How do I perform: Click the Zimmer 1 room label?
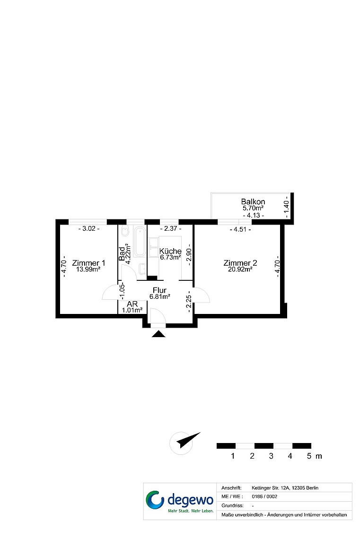(x=89, y=263)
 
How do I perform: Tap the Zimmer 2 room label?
(x=240, y=263)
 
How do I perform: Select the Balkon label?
(x=253, y=202)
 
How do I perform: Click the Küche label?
(x=171, y=251)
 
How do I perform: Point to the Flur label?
(x=159, y=290)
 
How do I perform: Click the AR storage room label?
(x=132, y=304)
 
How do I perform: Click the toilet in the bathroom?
(x=125, y=232)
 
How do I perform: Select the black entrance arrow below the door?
(x=158, y=334)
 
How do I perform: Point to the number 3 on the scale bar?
(x=271, y=456)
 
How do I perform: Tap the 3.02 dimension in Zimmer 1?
(x=89, y=228)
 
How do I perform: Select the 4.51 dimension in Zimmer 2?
(x=240, y=229)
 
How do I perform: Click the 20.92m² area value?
(x=240, y=269)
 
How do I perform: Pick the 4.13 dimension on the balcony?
(x=254, y=216)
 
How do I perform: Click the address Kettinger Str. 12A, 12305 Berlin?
(x=285, y=488)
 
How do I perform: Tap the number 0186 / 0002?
(x=264, y=496)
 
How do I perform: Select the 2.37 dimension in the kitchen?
(x=171, y=228)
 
